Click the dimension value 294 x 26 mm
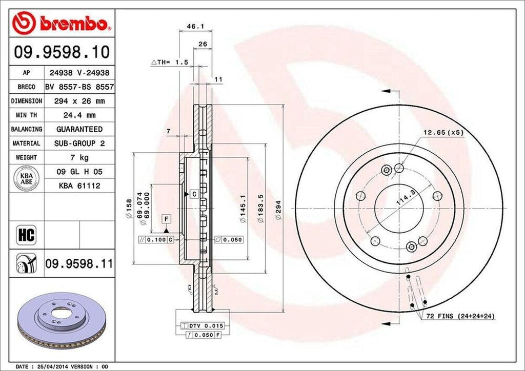click(79, 101)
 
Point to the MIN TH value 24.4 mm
click(79, 115)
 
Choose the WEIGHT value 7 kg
click(79, 157)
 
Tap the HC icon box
click(26, 235)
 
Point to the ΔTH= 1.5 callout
click(170, 62)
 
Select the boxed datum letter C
click(194, 194)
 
